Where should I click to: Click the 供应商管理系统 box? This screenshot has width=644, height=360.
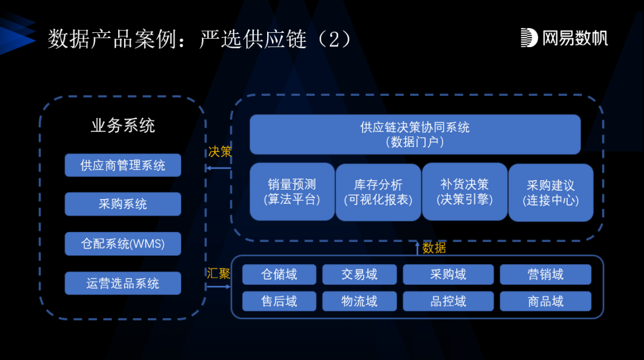tap(123, 165)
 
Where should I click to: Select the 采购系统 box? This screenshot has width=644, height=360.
tap(123, 204)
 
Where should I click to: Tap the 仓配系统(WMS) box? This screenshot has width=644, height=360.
tap(123, 243)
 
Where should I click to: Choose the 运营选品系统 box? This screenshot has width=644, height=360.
tap(123, 283)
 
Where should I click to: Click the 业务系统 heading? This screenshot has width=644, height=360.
tap(123, 126)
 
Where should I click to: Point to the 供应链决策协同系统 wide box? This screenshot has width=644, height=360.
tap(415, 134)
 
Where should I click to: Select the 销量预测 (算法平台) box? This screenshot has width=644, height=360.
tap(292, 192)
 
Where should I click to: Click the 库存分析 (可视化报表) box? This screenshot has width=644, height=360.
tap(378, 192)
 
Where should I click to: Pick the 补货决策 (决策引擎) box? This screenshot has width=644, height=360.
tap(465, 192)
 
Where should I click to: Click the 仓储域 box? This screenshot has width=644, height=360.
tap(279, 274)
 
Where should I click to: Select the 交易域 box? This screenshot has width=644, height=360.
tap(360, 274)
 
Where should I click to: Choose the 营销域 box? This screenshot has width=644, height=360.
tap(546, 274)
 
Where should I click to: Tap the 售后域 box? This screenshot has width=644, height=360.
tap(279, 301)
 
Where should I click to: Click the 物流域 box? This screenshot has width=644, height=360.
tap(360, 301)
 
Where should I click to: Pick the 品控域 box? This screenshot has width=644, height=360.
tap(448, 301)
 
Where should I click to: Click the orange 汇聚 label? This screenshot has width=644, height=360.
tap(218, 274)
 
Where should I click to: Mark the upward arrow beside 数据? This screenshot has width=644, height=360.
tap(417, 248)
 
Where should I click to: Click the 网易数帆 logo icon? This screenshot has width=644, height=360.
tap(529, 38)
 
